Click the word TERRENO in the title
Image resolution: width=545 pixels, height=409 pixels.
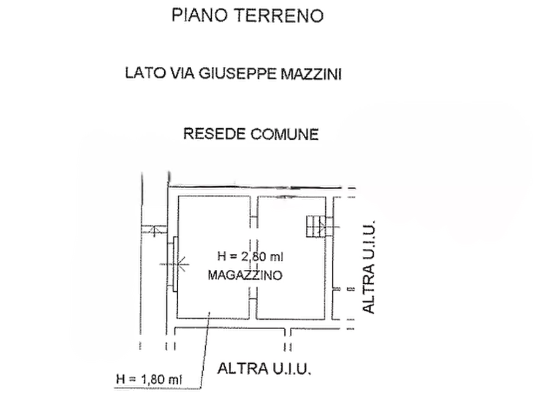coord(279,15)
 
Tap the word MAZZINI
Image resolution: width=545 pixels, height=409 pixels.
coord(311,74)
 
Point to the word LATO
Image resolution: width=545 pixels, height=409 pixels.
coord(145,73)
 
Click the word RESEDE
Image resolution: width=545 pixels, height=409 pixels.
coord(214,134)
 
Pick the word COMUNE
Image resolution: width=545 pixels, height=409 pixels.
coord(284,134)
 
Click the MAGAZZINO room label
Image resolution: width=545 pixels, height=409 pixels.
coord(245,275)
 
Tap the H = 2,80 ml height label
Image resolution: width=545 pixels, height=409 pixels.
coord(250,256)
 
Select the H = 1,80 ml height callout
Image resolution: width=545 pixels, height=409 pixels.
coord(149,378)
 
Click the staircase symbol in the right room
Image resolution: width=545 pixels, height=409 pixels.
coord(316,226)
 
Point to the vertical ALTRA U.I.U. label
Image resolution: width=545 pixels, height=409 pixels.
coord(369,267)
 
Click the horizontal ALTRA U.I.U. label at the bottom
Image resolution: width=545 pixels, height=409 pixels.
coord(264,369)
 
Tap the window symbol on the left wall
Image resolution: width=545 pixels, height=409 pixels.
coord(175,264)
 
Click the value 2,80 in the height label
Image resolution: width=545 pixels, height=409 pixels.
coord(254,256)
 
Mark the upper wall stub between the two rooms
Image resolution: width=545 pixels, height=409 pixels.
coord(254,212)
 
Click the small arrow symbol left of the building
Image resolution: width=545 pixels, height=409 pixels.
coord(154,230)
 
